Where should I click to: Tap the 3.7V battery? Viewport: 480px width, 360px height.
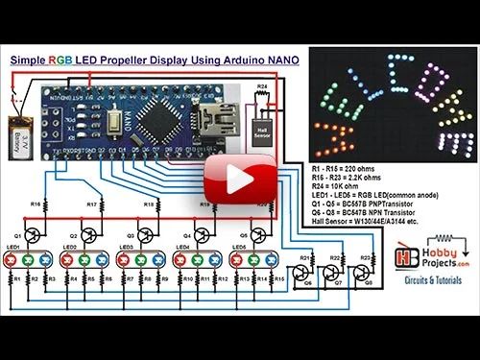[19, 129]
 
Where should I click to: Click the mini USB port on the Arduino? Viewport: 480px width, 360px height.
[210, 122]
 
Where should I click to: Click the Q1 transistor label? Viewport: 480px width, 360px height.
[17, 235]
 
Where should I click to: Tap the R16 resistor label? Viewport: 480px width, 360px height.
[35, 204]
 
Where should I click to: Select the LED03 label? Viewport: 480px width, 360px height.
[124, 248]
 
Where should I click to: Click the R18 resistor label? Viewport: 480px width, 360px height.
[148, 204]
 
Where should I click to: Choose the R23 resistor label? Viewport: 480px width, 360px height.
[365, 257]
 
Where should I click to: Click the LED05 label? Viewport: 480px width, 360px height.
[236, 248]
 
